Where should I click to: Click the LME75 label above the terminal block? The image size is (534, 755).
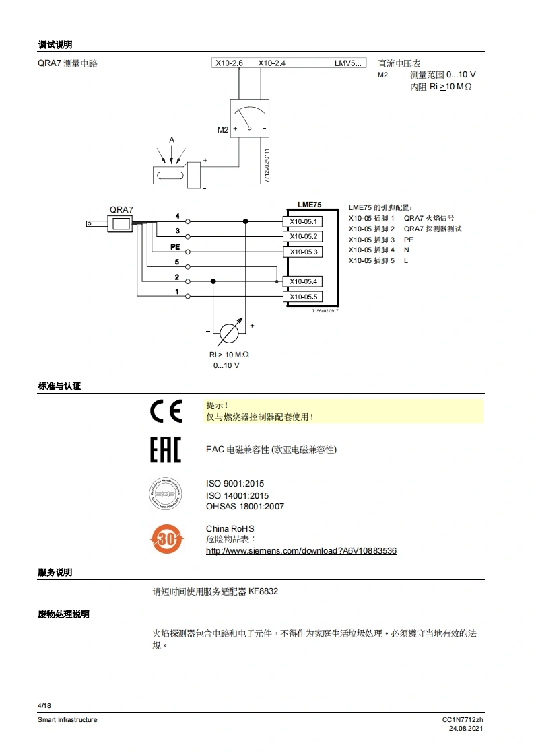pyautogui.click(x=309, y=204)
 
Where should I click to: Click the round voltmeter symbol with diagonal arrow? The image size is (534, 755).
pyautogui.click(x=230, y=332)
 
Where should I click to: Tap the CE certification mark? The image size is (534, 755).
pyautogui.click(x=166, y=411)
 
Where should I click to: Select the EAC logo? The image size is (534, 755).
pyautogui.click(x=166, y=450)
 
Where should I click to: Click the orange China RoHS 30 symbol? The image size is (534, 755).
pyautogui.click(x=166, y=539)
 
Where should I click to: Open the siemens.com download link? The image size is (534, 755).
pyautogui.click(x=301, y=551)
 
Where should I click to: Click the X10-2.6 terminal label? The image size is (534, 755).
pyautogui.click(x=229, y=63)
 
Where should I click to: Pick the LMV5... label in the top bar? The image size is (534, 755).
pyautogui.click(x=349, y=63)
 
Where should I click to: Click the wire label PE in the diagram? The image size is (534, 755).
pyautogui.click(x=175, y=247)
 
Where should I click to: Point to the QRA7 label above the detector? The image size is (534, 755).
pyautogui.click(x=121, y=210)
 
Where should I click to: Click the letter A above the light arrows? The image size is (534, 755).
pyautogui.click(x=172, y=140)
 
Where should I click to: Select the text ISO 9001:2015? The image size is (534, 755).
pyautogui.click(x=235, y=484)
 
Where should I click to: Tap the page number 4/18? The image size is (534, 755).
pyautogui.click(x=44, y=705)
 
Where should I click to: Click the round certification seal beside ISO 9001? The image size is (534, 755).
pyautogui.click(x=166, y=494)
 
